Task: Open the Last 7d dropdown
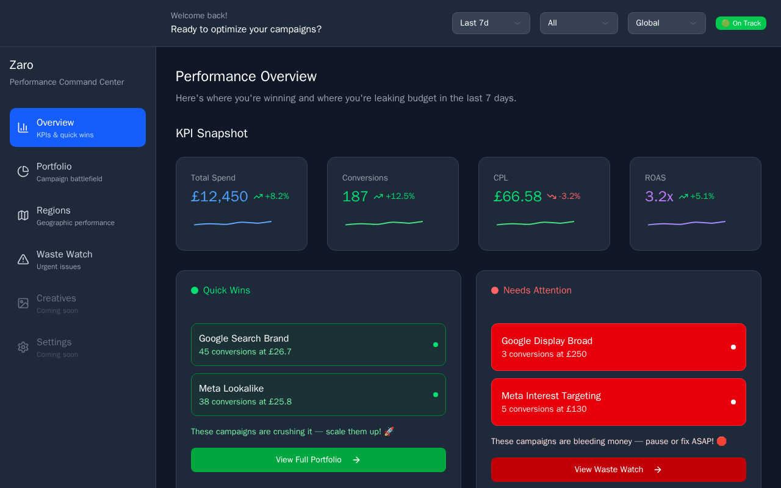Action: tap(491, 23)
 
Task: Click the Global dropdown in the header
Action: tap(667, 23)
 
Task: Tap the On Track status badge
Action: tap(741, 23)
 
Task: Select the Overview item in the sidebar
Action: tap(77, 127)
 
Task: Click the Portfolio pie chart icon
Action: tap(23, 171)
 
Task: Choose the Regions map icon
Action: tap(23, 215)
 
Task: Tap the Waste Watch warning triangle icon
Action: tap(23, 259)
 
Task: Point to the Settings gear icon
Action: tap(23, 347)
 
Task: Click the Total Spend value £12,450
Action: tap(219, 196)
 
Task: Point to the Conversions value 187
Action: tap(355, 196)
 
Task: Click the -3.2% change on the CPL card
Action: tap(569, 196)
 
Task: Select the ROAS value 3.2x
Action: tap(659, 196)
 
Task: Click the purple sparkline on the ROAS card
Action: tap(686, 223)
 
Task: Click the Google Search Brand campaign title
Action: tap(243, 339)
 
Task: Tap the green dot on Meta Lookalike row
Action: tap(436, 395)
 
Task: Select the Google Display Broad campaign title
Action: tap(547, 341)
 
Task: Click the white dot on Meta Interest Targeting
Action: tap(733, 402)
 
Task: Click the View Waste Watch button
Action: tap(619, 470)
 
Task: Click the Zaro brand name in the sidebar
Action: tap(21, 65)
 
